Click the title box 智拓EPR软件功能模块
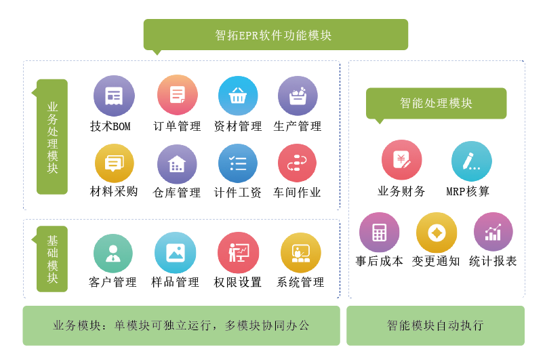coord(275,35)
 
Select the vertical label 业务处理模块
coord(52,137)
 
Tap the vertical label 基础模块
coord(52,259)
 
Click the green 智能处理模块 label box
coord(436,104)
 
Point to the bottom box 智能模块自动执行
coord(435,325)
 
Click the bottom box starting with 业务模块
coord(181,325)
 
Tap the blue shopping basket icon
coord(238,96)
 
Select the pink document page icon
coord(178,95)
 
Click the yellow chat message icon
coord(114,163)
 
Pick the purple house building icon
coord(177,164)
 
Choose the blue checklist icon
coord(238,163)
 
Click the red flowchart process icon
coord(297,163)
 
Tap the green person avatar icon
coord(113,254)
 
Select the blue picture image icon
coord(176,253)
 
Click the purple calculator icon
coord(379,233)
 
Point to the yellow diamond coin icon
coord(437,233)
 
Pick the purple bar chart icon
coord(493,232)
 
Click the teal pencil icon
coord(471,161)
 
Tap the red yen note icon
coord(402,160)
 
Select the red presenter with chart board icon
coord(239,253)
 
